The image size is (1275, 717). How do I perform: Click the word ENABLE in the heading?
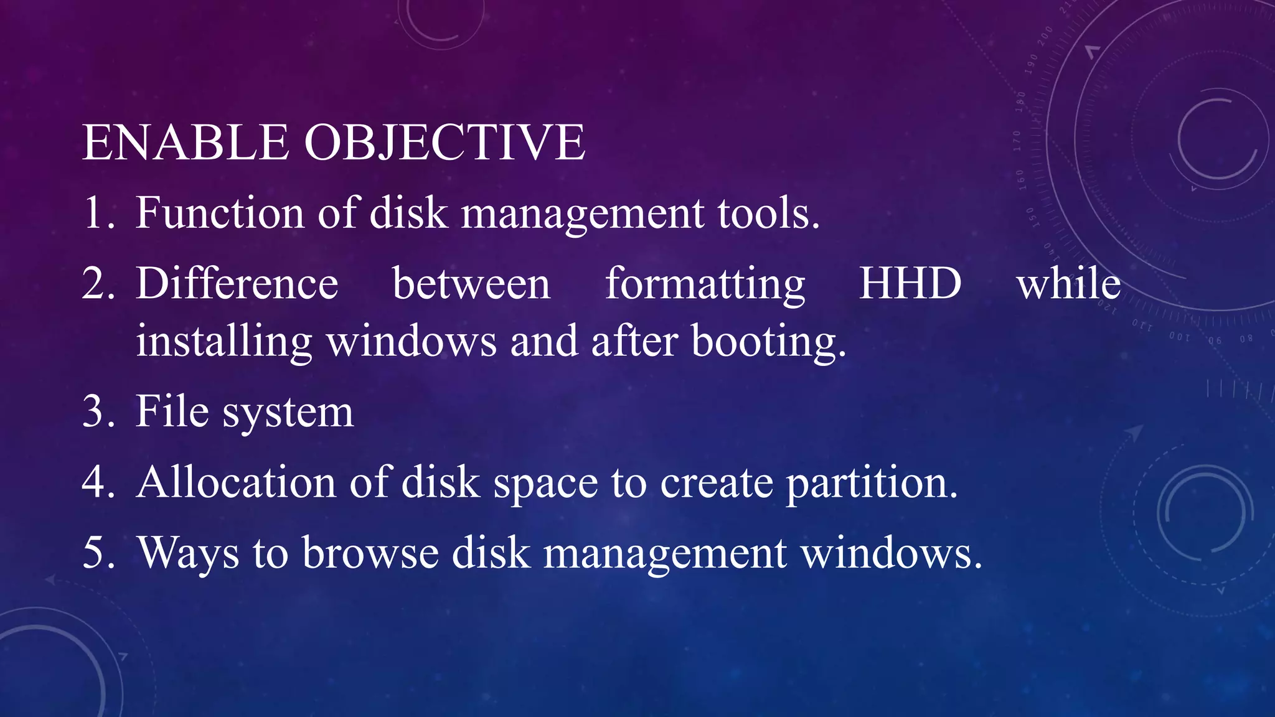[185, 143]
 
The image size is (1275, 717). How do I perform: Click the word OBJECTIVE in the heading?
[445, 143]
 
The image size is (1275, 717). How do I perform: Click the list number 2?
[96, 284]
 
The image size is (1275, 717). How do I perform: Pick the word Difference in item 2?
[237, 284]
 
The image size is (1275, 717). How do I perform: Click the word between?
[471, 284]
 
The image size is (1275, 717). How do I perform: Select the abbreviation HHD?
[910, 284]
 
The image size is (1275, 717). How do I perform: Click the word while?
[1068, 284]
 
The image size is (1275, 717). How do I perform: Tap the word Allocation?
[237, 482]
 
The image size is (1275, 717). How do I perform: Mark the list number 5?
[96, 553]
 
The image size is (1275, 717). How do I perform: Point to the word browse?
[370, 553]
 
